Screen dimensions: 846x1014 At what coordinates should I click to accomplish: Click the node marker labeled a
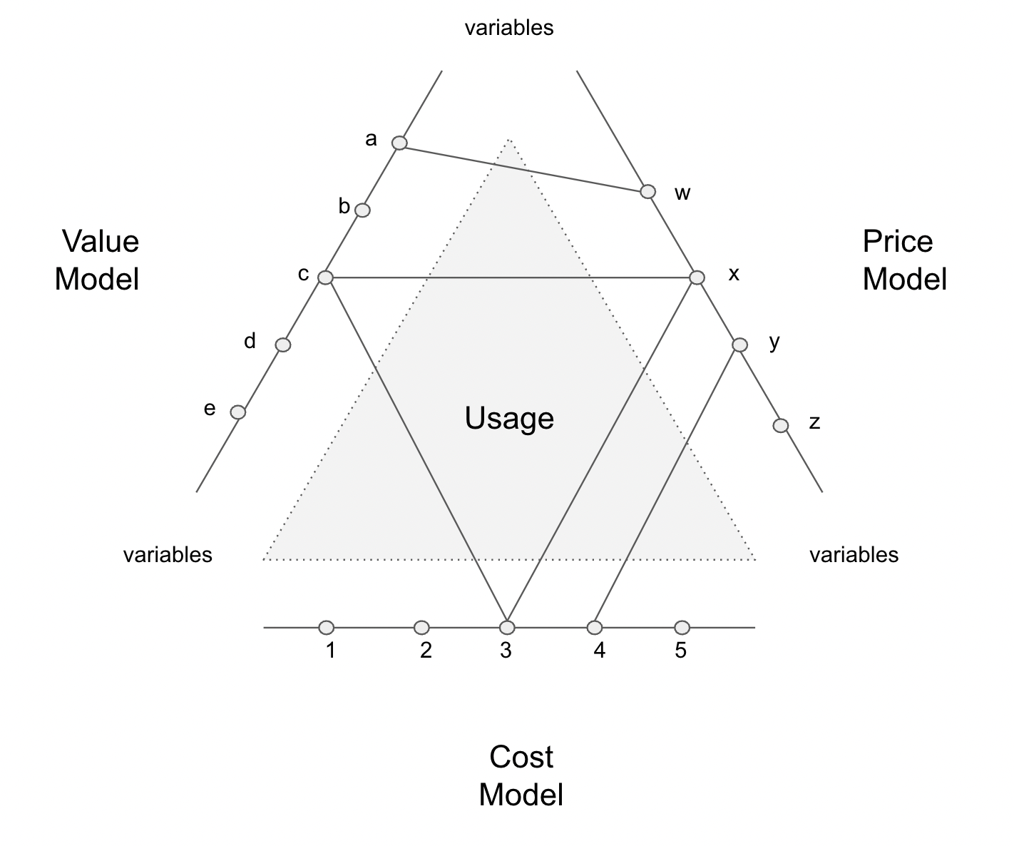[x=400, y=143]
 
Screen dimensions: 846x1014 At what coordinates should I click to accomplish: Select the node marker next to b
[x=362, y=210]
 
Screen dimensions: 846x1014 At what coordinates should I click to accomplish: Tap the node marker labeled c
[x=325, y=277]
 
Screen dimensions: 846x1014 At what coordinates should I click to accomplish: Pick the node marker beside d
[x=283, y=345]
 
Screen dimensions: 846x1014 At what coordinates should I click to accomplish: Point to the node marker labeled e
[x=238, y=412]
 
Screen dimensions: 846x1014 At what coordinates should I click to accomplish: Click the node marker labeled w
[x=647, y=192]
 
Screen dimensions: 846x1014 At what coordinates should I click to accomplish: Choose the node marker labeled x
[x=697, y=277]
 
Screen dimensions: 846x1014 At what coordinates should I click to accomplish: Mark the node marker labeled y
[x=740, y=345]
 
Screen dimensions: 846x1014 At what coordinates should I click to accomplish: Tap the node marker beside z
[x=781, y=426]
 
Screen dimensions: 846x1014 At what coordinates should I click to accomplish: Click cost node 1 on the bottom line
[x=327, y=628]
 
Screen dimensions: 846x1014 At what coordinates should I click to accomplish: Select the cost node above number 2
[x=421, y=628]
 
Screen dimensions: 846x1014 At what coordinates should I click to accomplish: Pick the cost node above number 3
[x=507, y=628]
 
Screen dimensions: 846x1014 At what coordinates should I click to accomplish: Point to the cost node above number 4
[x=595, y=628]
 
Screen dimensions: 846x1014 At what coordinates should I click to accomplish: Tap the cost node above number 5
[x=682, y=628]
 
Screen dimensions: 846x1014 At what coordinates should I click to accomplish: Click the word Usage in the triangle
[x=509, y=419]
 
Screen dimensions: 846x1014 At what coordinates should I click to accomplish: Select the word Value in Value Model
[x=100, y=242]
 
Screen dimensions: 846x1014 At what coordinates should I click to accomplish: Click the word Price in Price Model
[x=898, y=242]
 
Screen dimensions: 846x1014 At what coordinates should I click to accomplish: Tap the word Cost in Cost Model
[x=521, y=758]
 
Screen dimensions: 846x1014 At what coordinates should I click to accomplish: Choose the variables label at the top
[x=509, y=28]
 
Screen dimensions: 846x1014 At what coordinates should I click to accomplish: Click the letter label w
[x=682, y=193]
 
